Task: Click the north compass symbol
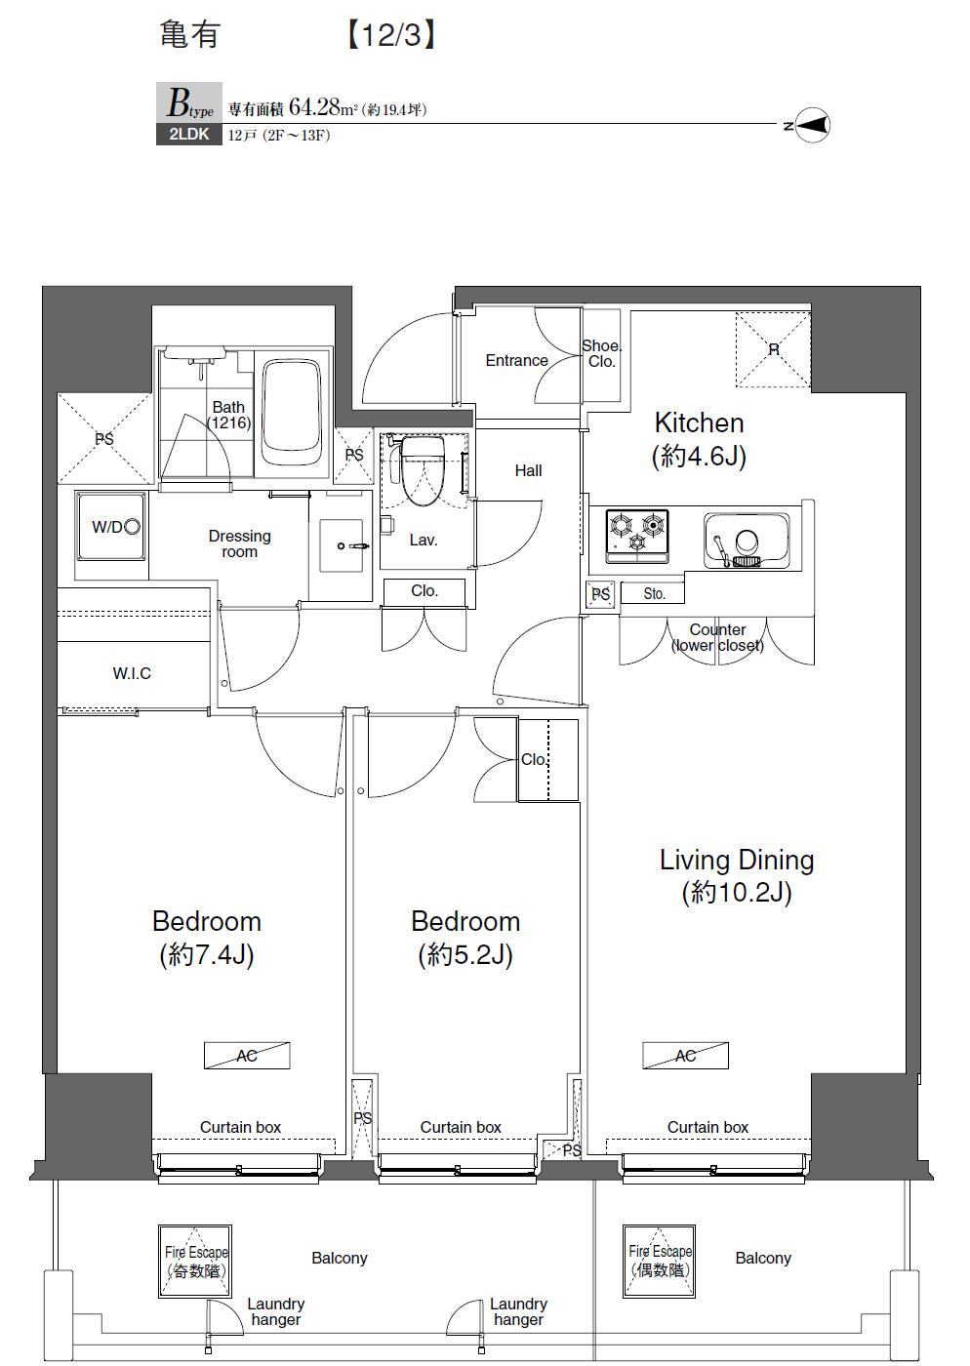[813, 125]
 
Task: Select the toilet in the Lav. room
[422, 470]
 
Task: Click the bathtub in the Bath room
[291, 414]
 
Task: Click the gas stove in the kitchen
[637, 535]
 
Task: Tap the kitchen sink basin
[747, 540]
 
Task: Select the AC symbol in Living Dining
[685, 1056]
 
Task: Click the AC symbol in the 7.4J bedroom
[247, 1056]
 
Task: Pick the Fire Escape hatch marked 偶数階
[661, 1261]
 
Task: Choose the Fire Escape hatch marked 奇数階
[195, 1262]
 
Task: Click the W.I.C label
[132, 673]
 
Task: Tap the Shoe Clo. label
[601, 353]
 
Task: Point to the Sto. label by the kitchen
[654, 593]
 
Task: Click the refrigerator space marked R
[773, 348]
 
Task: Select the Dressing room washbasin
[343, 546]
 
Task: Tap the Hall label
[528, 470]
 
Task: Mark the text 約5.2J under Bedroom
[465, 954]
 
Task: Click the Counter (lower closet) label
[717, 637]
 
